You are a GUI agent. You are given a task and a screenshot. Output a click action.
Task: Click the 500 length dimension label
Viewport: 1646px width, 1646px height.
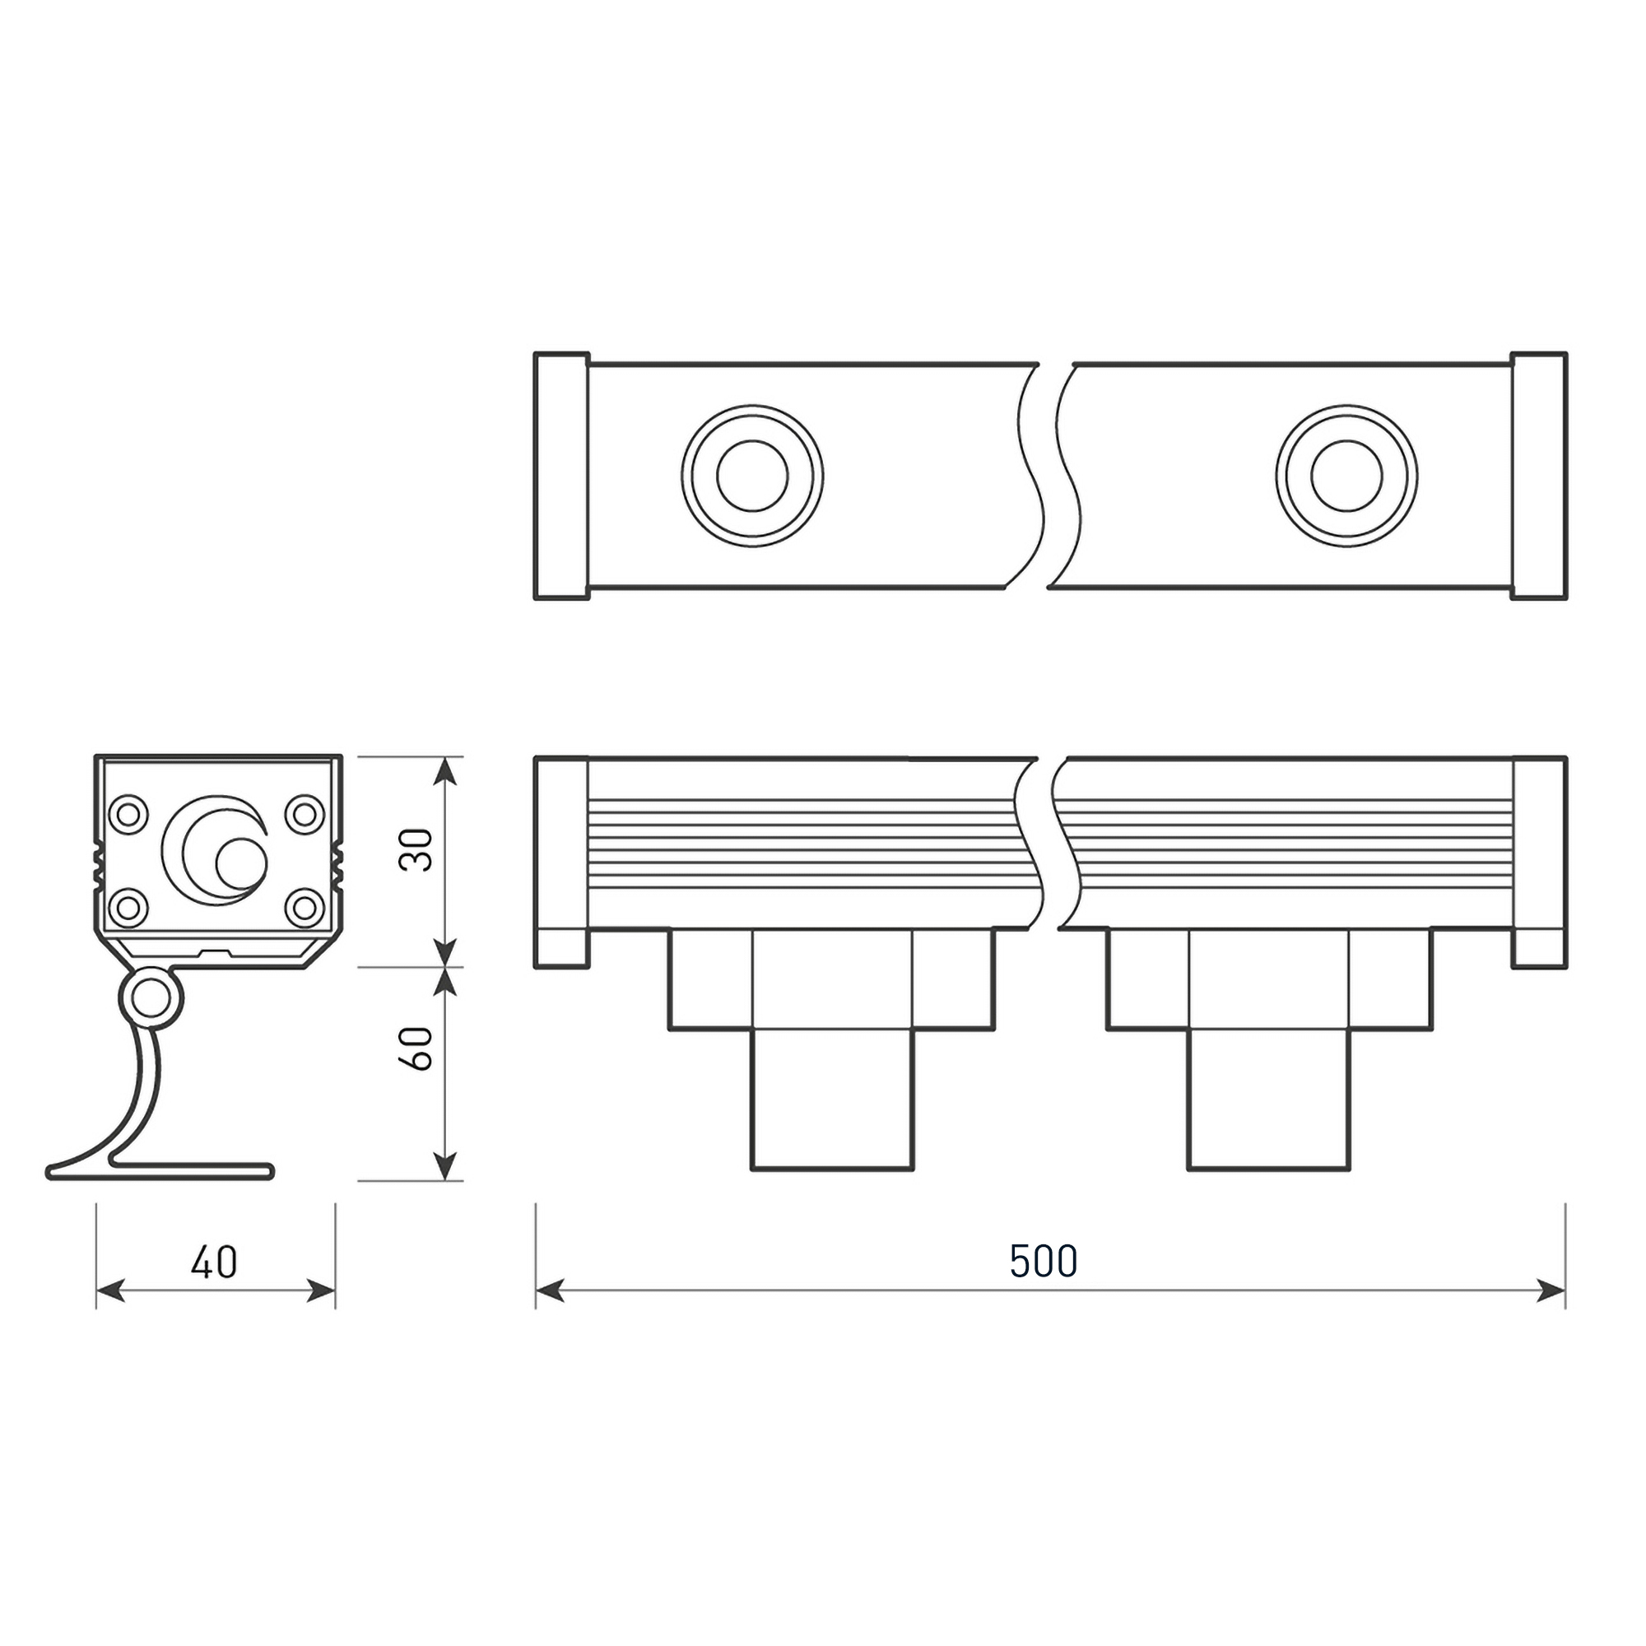1044,1262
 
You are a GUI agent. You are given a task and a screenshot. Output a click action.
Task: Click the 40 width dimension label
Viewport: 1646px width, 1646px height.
214,1262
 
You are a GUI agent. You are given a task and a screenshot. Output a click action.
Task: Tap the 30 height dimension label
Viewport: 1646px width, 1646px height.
416,849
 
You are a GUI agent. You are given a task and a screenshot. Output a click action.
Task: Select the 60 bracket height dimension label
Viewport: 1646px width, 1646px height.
416,1048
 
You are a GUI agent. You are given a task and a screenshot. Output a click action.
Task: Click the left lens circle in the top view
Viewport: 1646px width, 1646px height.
752,477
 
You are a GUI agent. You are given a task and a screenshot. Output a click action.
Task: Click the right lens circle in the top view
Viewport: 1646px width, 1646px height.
1346,477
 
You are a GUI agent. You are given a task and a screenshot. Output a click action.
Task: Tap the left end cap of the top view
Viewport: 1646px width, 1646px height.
561,476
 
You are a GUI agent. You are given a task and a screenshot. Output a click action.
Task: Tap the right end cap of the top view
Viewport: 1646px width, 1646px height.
1539,476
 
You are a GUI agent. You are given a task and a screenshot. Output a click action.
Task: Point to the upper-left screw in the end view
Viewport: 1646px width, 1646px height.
128,813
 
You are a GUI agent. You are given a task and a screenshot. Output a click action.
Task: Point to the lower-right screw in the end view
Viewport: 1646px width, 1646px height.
305,906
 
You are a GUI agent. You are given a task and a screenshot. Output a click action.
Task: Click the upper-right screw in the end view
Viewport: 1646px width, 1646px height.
305,813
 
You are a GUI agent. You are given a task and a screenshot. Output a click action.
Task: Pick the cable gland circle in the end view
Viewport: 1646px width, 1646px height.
240,863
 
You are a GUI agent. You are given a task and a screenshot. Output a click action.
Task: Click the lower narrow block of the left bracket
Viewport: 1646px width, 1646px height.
831,1099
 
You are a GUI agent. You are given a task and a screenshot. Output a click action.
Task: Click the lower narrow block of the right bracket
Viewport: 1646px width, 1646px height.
1268,1099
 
